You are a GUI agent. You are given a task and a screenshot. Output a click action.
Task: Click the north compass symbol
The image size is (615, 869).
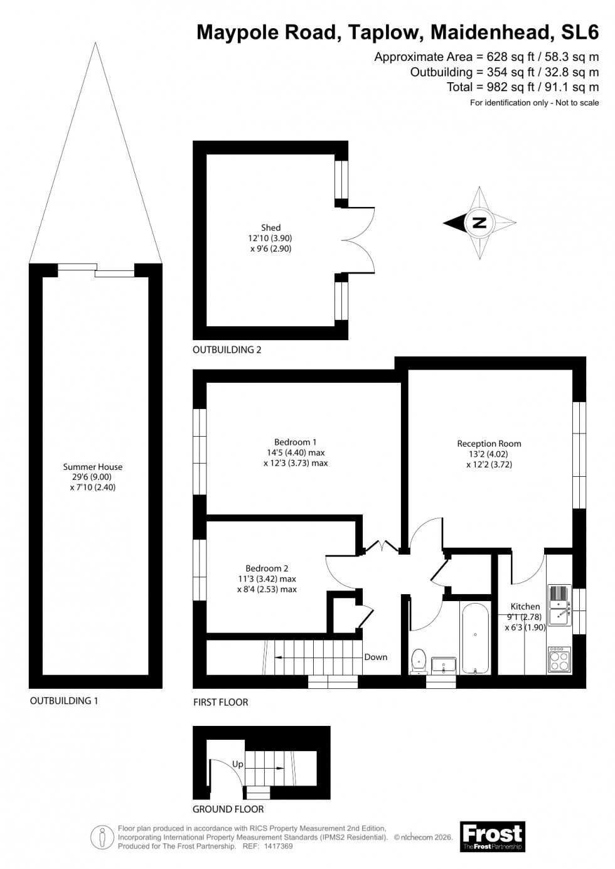point(479,223)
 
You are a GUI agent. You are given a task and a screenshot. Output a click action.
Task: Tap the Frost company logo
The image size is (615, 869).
point(492,837)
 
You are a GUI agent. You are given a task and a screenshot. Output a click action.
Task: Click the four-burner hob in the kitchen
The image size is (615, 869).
point(559,660)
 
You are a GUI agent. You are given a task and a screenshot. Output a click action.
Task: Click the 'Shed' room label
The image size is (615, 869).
point(271,228)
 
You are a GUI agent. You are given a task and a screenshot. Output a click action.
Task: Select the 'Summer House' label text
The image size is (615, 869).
point(93,467)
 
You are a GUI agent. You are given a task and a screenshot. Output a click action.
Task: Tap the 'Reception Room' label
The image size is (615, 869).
point(489,444)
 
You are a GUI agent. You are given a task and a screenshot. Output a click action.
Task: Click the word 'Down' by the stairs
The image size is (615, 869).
point(375,657)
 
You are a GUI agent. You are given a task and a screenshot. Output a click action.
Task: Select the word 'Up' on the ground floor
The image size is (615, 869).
point(238,764)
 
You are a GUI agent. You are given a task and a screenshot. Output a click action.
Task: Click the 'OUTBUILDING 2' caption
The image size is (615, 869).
point(227,349)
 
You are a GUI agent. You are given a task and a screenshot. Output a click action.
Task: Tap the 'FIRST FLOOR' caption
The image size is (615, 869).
point(220,702)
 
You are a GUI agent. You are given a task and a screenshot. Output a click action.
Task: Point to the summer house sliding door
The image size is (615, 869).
point(96,270)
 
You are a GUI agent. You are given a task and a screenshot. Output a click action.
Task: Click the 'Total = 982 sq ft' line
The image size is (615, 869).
point(522,87)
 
